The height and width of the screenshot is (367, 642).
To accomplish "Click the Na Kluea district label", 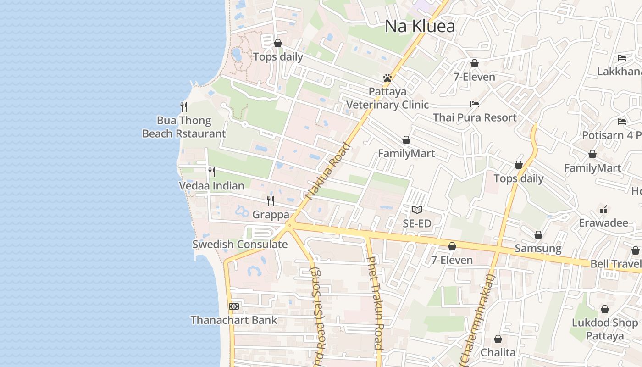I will point(420,26).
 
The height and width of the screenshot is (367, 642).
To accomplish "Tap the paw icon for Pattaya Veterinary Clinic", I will point(387,78).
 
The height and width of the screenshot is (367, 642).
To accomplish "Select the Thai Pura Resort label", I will point(475,117).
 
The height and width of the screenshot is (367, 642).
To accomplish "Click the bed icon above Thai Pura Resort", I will point(475,104).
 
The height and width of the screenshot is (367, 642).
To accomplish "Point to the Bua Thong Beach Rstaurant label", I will point(184,127).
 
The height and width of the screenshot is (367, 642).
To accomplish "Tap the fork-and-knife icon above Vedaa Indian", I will point(212,172).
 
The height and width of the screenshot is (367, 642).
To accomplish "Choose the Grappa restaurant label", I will point(271,214).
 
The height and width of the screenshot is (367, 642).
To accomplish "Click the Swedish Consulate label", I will point(240,244).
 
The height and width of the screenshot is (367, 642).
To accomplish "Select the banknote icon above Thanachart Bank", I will point(234,306).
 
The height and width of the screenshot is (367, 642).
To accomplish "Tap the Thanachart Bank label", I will point(234,320).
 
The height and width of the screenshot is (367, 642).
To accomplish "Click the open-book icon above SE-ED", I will point(417,210).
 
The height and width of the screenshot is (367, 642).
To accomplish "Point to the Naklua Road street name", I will point(327,172).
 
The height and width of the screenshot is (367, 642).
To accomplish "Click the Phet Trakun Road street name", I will point(375,303).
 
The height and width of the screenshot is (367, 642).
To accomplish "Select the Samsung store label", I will point(538,248).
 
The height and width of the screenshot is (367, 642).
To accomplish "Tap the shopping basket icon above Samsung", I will point(538,235).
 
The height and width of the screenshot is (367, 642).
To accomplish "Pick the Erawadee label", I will point(603,223).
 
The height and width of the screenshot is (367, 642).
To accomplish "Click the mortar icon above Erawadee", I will point(603,210).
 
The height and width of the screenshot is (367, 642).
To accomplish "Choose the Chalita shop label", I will point(498,352).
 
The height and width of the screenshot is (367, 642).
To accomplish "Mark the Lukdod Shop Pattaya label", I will point(604,329).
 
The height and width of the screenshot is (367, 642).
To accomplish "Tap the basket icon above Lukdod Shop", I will point(604,309).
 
